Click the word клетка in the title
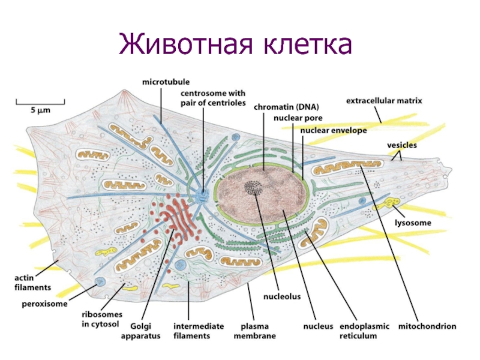click(x=307, y=45)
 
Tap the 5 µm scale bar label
click(x=40, y=111)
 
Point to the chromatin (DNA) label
click(x=286, y=107)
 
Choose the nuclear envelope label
click(x=334, y=130)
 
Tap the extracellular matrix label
click(x=385, y=101)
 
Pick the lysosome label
click(x=413, y=223)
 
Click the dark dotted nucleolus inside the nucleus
click(x=253, y=188)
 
